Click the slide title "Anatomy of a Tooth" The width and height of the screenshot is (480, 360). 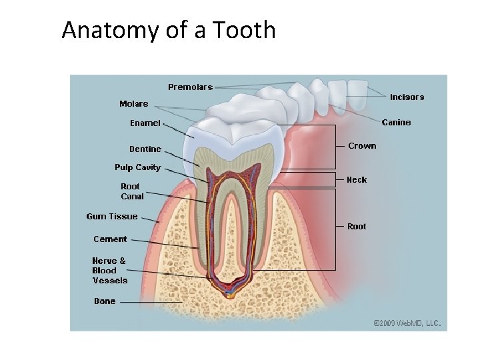tap(168, 30)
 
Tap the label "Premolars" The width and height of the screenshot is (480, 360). tap(190, 87)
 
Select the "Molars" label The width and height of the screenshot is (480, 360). tap(133, 103)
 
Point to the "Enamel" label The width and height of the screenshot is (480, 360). tap(145, 123)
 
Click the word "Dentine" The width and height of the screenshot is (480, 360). tap(145, 149)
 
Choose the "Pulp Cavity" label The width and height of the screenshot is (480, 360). tap(137, 167)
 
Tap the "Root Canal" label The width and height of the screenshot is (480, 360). tap(132, 191)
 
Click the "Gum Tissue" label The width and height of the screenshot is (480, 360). tap(112, 216)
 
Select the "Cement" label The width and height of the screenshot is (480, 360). tap(110, 239)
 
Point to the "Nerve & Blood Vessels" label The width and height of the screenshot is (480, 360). tap(109, 271)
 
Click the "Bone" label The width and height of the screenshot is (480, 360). tap(105, 301)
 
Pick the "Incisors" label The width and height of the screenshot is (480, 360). tap(407, 97)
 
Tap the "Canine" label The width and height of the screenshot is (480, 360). tap(396, 122)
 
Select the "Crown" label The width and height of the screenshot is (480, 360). tap(362, 145)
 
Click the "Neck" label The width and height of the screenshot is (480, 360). tap(357, 179)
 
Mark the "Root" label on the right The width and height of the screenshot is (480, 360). tap(357, 227)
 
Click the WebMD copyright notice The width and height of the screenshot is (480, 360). tap(407, 323)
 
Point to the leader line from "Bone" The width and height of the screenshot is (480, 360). tap(150, 302)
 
